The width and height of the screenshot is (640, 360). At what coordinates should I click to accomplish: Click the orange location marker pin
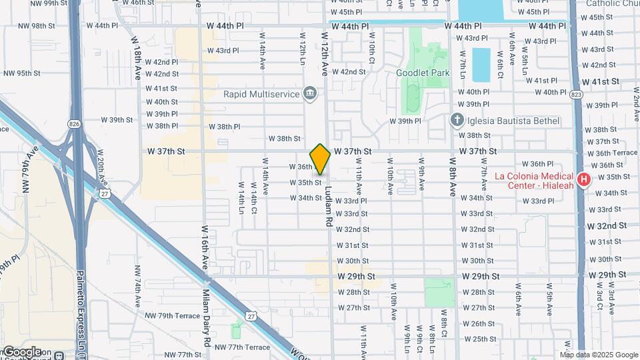pos(320,159)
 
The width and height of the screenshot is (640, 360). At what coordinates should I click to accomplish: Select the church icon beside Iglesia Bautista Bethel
pos(457,120)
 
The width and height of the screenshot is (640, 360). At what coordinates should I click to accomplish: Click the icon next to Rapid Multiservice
pos(309,94)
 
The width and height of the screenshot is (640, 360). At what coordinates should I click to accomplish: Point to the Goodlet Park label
pos(423,73)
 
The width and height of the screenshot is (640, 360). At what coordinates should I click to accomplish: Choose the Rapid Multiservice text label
pos(261,94)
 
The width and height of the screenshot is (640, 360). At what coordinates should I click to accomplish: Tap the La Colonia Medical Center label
pos(535,181)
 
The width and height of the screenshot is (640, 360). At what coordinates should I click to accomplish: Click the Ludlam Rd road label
pos(328,204)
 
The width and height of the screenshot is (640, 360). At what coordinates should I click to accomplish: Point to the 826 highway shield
pos(73,124)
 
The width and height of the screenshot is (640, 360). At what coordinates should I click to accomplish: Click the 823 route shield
pos(576,95)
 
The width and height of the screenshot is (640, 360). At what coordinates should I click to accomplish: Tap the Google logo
pos(23,351)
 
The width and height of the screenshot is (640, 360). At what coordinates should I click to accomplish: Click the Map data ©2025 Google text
pos(600,355)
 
